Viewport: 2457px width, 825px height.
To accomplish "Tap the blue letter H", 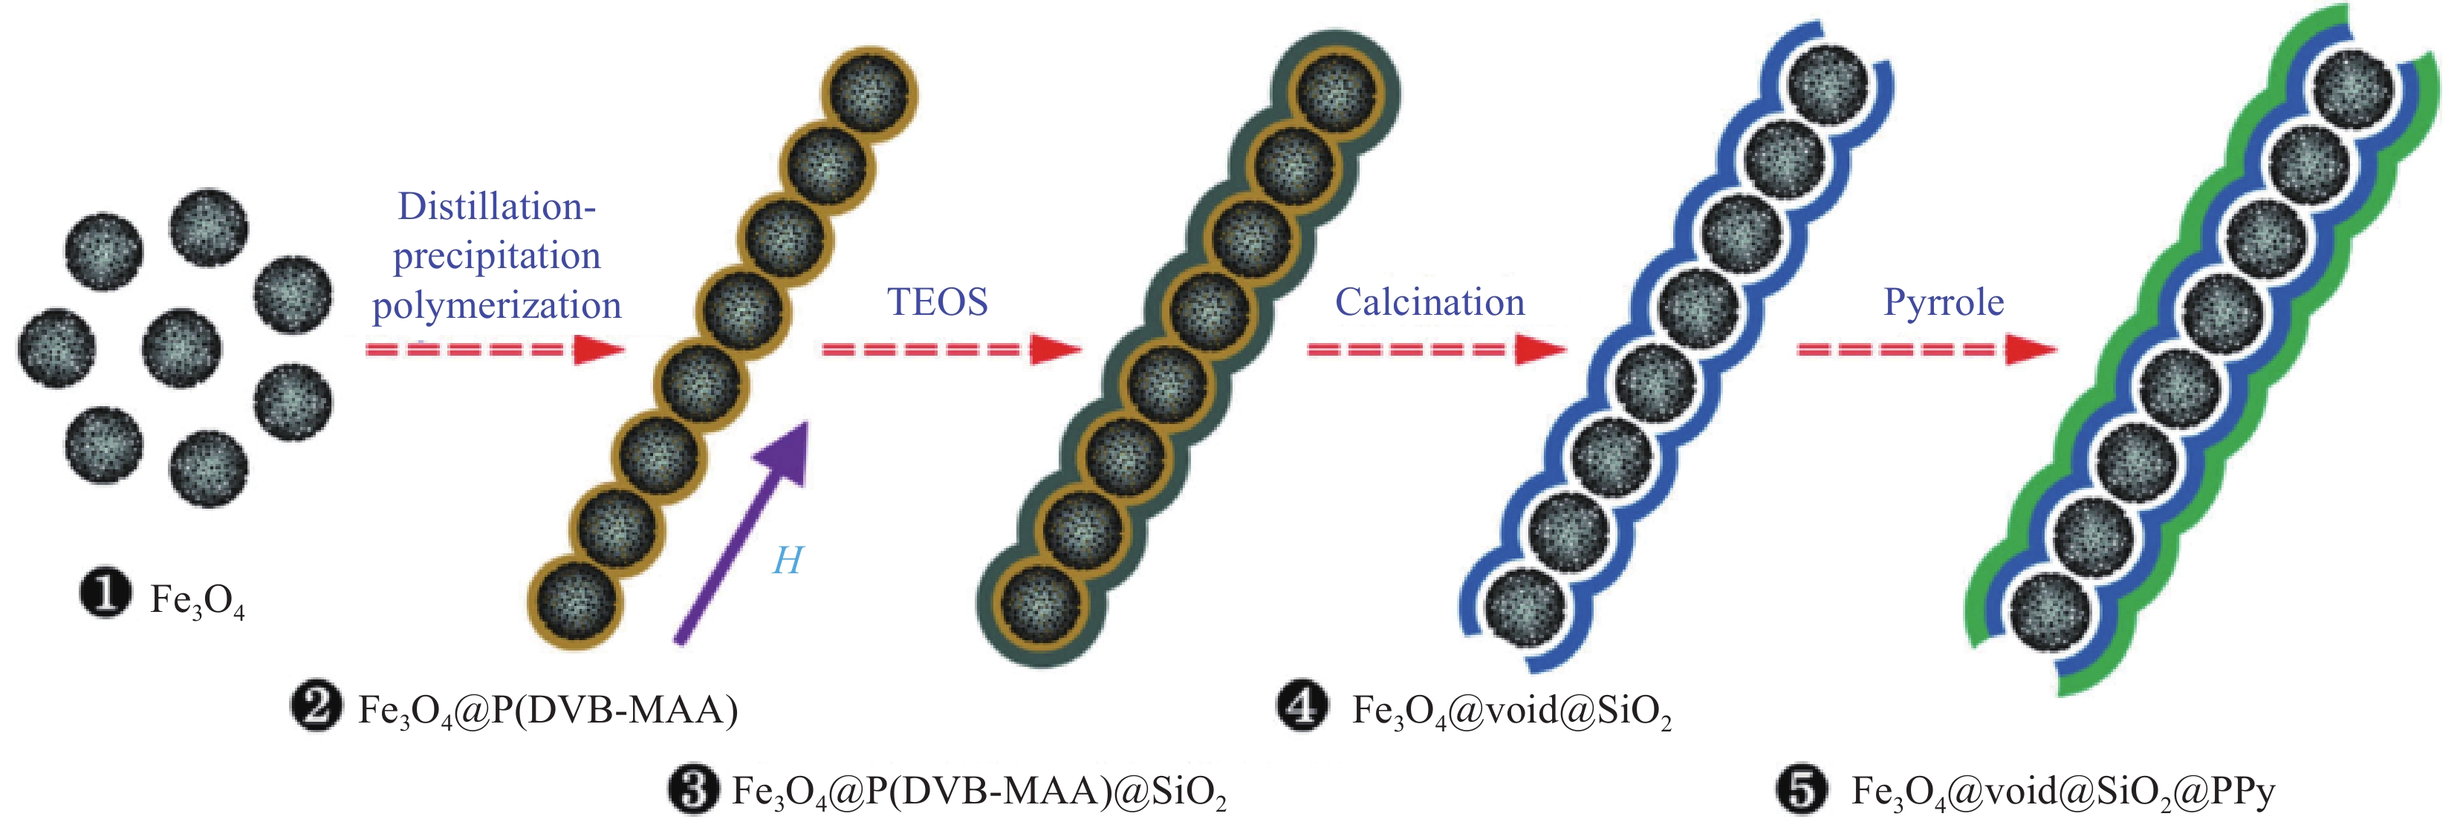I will pyautogui.click(x=787, y=560).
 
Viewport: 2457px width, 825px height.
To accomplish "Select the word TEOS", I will pyautogui.click(x=938, y=302).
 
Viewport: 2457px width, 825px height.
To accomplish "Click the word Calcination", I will pyautogui.click(x=1429, y=302).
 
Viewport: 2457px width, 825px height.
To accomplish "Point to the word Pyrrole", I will pyautogui.click(x=1943, y=302).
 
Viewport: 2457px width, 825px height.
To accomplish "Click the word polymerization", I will pyautogui.click(x=496, y=306).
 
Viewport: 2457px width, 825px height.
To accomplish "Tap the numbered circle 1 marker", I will pyautogui.click(x=105, y=594).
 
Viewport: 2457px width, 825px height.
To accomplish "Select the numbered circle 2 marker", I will pyautogui.click(x=316, y=708).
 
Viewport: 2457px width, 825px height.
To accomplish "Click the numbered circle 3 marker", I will pyautogui.click(x=692, y=789).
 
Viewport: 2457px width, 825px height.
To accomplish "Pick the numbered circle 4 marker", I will pyautogui.click(x=1302, y=708).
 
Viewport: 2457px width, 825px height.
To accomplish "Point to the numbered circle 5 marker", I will pyautogui.click(x=1801, y=789).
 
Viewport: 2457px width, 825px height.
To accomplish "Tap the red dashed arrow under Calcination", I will pyautogui.click(x=1435, y=349).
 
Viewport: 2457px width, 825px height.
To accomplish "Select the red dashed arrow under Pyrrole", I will pyautogui.click(x=1927, y=349).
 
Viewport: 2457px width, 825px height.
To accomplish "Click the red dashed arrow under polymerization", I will pyautogui.click(x=494, y=349).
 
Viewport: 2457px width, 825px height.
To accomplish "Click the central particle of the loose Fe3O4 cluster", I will pyautogui.click(x=181, y=348).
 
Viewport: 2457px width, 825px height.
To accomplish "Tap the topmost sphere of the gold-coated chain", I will pyautogui.click(x=870, y=93).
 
